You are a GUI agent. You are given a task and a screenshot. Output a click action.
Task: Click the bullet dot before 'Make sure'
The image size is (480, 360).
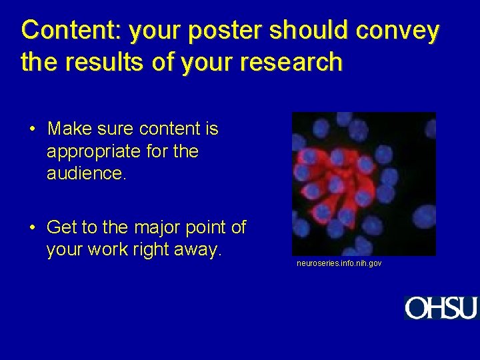click(32, 129)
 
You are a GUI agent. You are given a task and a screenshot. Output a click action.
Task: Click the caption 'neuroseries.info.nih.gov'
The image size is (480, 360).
click(339, 264)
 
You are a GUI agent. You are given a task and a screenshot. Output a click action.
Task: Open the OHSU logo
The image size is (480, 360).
click(441, 308)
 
